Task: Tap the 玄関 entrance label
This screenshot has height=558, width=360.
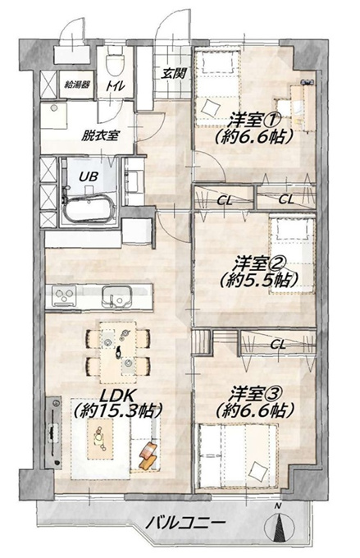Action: [x=174, y=74]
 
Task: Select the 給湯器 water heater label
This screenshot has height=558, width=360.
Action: [x=77, y=85]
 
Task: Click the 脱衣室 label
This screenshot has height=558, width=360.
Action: [x=100, y=135]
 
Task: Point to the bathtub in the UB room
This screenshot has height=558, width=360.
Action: [x=89, y=209]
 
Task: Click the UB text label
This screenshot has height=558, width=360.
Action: [x=88, y=176]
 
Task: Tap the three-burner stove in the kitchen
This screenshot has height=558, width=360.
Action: [x=64, y=295]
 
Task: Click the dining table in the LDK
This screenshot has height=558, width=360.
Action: [x=118, y=351]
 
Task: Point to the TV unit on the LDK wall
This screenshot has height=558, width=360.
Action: [x=54, y=432]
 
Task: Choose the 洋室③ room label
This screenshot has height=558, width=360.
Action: [x=255, y=395]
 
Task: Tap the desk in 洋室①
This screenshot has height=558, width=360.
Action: [x=303, y=105]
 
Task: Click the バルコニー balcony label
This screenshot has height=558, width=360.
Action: [x=186, y=523]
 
